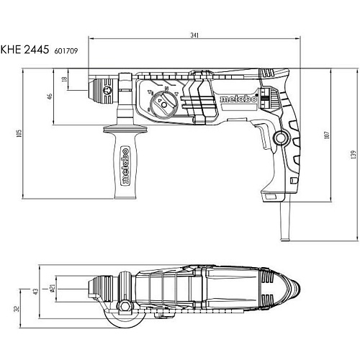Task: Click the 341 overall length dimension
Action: (x=194, y=35)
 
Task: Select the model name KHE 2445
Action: (x=24, y=50)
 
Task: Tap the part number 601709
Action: (x=66, y=51)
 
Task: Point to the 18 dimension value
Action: (x=64, y=79)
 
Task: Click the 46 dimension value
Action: (x=50, y=96)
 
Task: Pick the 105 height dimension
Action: (x=19, y=133)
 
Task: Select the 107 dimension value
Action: (x=327, y=135)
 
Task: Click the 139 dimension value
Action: (x=353, y=155)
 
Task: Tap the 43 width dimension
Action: (x=35, y=292)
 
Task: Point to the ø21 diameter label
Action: (x=53, y=288)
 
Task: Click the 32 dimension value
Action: (x=17, y=309)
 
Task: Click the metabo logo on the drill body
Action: (x=238, y=99)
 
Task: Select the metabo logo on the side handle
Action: (x=125, y=166)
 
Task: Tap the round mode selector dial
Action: (x=164, y=104)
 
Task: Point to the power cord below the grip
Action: (x=285, y=220)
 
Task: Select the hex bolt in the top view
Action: (x=125, y=307)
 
